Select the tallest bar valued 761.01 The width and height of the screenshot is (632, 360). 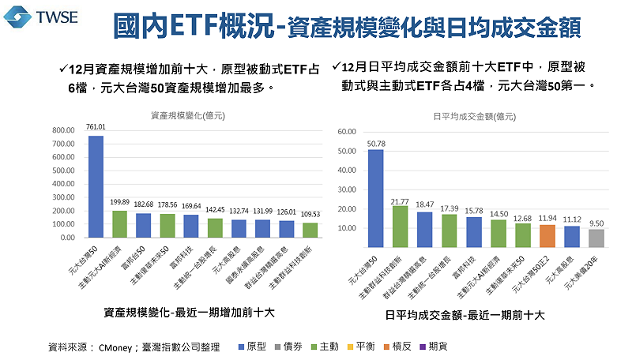point(96,186)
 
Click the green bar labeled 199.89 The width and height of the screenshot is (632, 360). point(119,223)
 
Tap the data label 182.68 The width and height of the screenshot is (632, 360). point(143,204)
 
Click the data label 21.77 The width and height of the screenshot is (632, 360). point(401,201)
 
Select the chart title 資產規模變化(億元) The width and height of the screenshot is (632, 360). point(189,115)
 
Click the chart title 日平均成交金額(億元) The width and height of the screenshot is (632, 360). point(472,115)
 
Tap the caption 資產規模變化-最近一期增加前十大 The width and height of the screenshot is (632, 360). point(189,313)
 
